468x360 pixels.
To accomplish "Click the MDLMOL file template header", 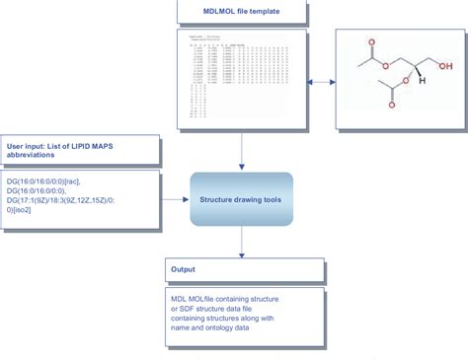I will [243, 12].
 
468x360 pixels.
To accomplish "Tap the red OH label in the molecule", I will [446, 66].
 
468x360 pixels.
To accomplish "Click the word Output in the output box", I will [184, 268].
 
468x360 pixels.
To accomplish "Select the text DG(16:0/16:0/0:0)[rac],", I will [43, 182].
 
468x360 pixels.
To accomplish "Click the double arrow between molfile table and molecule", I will [321, 82].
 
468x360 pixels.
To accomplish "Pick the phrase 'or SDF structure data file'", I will [218, 308].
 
